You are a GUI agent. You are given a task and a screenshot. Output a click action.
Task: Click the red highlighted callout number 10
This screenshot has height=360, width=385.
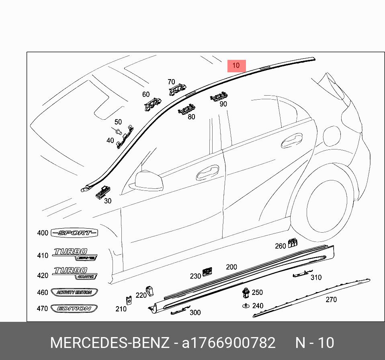[236, 66]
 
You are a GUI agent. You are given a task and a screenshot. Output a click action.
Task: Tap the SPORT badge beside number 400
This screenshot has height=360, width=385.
[75, 233]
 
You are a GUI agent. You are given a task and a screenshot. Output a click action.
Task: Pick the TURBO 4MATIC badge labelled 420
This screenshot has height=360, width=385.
[76, 273]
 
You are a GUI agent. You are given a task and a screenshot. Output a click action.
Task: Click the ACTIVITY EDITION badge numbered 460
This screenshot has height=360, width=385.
[74, 292]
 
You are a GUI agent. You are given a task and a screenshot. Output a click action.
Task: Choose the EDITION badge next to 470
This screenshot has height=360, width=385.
[74, 309]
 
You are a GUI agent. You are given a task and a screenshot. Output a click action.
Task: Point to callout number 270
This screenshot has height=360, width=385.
[331, 300]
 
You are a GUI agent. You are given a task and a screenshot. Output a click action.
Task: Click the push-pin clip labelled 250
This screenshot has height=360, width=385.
[245, 292]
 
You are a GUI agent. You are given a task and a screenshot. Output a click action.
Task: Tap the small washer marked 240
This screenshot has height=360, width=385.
[245, 306]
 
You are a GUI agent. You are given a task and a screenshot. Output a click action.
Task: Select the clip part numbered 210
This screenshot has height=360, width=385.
[129, 300]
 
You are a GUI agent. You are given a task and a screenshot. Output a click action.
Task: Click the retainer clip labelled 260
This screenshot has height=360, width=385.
[293, 242]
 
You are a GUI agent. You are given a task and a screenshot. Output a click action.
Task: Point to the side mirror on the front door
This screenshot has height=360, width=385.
[149, 179]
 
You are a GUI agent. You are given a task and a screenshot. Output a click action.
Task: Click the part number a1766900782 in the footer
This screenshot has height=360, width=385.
[229, 343]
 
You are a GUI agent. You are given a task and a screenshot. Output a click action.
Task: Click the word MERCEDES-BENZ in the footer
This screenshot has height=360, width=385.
[109, 343]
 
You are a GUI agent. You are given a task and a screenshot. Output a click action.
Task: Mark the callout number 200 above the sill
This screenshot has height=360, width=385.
[231, 267]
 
